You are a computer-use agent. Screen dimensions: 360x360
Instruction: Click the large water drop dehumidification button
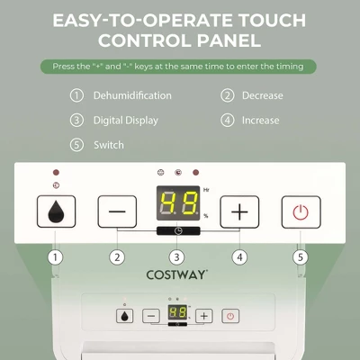click(x=56, y=212)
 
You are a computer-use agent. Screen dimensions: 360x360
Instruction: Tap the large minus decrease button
click(x=117, y=212)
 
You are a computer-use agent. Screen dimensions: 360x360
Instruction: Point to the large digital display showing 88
click(x=177, y=204)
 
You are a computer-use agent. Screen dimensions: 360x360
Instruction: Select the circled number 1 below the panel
click(x=56, y=256)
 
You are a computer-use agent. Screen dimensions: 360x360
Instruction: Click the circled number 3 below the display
click(x=177, y=256)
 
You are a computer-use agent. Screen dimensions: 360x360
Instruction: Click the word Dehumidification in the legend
click(x=132, y=95)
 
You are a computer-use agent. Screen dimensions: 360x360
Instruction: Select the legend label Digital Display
click(x=125, y=120)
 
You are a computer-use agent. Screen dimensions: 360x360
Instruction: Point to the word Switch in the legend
click(x=109, y=144)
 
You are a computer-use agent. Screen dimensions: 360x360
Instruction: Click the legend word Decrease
click(x=262, y=95)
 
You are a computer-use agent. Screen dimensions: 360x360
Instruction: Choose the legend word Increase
click(x=261, y=120)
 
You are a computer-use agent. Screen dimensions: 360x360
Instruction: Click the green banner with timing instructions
click(x=180, y=66)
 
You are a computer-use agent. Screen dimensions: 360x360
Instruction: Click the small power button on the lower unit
click(x=230, y=316)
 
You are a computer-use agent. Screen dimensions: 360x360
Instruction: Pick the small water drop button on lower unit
click(x=124, y=316)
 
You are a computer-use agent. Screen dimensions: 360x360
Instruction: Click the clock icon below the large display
click(x=177, y=230)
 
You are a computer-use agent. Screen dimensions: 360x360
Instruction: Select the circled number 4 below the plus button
click(x=238, y=256)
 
